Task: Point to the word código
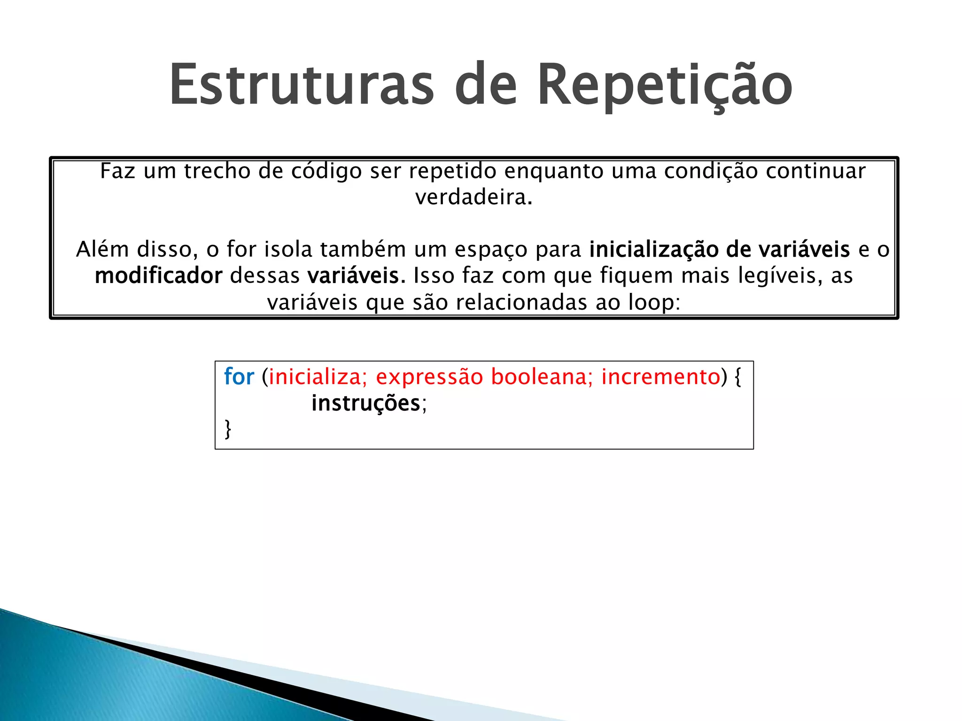tap(326, 171)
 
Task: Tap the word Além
tap(102, 249)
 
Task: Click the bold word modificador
tap(158, 276)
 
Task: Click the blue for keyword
tap(239, 376)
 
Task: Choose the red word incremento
tap(660, 376)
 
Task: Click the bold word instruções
tap(365, 403)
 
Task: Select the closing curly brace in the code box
tap(228, 429)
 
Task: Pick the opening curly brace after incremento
tap(737, 376)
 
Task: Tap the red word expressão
tap(429, 377)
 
